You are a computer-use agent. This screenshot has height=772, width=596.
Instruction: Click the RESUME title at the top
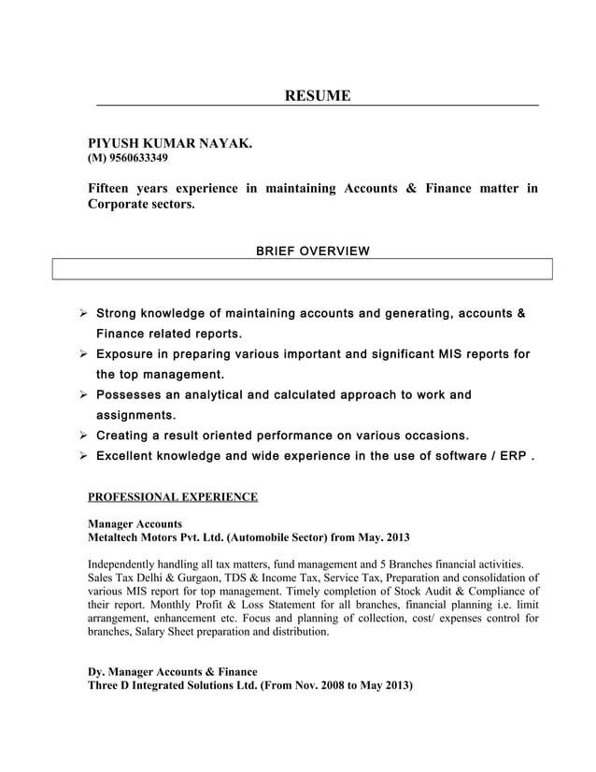pyautogui.click(x=318, y=95)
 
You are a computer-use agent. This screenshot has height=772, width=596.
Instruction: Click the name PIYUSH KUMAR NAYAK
pyautogui.click(x=169, y=143)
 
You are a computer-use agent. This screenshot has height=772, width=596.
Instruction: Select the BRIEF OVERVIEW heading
pyautogui.click(x=312, y=250)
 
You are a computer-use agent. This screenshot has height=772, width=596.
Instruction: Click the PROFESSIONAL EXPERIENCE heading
pyautogui.click(x=172, y=496)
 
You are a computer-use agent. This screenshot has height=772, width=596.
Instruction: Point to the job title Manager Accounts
pyautogui.click(x=135, y=524)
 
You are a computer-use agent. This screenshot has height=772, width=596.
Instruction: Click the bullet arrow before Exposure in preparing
pyautogui.click(x=83, y=355)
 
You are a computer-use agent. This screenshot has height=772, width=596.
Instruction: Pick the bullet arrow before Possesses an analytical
pyautogui.click(x=83, y=395)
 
